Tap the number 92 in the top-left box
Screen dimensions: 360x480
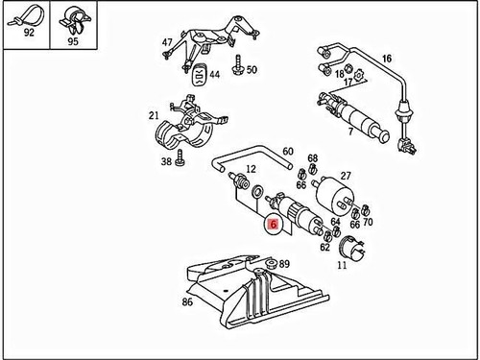point(26,42)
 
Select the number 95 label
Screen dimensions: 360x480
point(71,42)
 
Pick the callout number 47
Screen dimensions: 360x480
point(167,42)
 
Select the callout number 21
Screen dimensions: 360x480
point(154,116)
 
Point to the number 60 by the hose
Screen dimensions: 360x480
point(287,150)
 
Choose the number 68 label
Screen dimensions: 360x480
point(312,158)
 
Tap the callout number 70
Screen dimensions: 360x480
point(368,223)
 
